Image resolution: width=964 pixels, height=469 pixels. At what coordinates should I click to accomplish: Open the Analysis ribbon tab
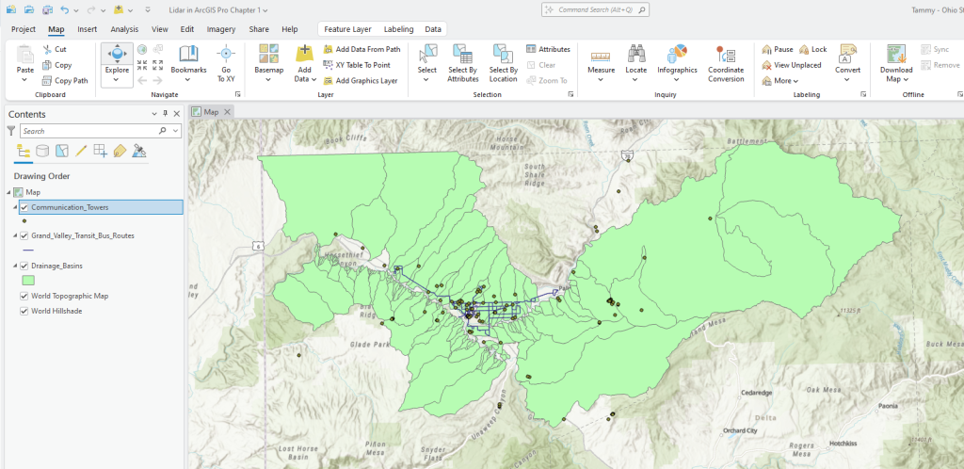click(124, 29)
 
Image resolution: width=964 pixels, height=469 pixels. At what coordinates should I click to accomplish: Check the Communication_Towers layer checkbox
click(24, 207)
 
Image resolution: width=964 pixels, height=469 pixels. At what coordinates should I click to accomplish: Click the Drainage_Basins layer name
click(58, 266)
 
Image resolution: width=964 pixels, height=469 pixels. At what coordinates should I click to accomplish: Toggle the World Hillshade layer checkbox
click(24, 310)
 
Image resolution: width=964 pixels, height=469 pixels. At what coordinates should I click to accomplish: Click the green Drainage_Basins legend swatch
click(28, 280)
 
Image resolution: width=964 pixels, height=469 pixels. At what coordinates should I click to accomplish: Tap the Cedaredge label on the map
click(756, 392)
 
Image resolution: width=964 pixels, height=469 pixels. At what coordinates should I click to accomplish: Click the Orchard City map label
click(740, 431)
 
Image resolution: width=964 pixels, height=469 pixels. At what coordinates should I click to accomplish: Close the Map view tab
click(227, 111)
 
